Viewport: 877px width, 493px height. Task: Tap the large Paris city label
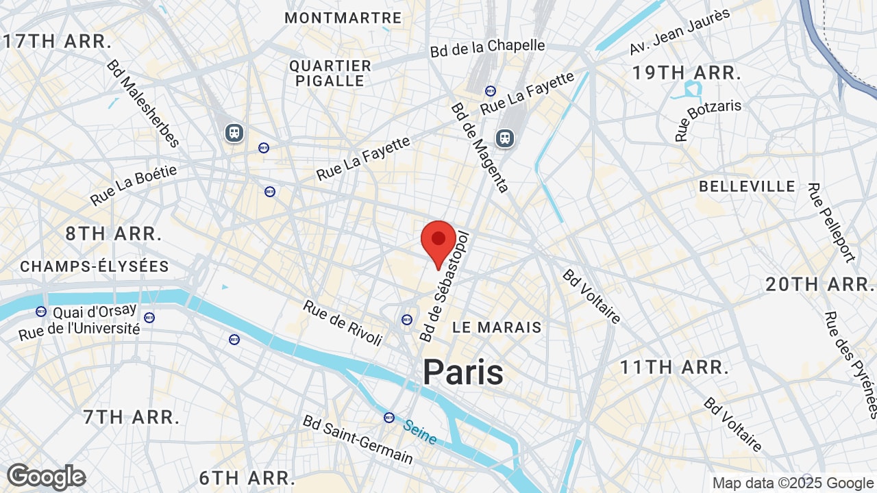click(x=463, y=372)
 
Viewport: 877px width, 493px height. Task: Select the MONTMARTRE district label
click(x=343, y=18)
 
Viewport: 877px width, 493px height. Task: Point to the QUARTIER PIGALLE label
click(x=330, y=73)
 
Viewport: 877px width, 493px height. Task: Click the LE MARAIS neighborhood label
click(x=497, y=327)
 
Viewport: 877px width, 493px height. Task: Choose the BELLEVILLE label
click(x=747, y=186)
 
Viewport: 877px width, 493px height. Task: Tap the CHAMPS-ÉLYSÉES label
click(x=95, y=266)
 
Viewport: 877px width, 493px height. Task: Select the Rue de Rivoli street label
click(x=343, y=323)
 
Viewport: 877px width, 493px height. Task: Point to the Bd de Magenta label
click(x=480, y=148)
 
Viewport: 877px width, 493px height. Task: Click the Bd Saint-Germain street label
click(x=358, y=439)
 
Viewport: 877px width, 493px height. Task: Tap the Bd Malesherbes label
click(x=143, y=103)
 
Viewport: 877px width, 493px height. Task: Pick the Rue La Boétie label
click(x=134, y=185)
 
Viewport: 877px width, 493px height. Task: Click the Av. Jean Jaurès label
click(x=680, y=31)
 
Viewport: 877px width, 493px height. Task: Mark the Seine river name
click(x=419, y=431)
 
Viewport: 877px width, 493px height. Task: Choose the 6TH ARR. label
click(x=247, y=477)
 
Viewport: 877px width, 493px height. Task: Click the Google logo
click(x=46, y=477)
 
